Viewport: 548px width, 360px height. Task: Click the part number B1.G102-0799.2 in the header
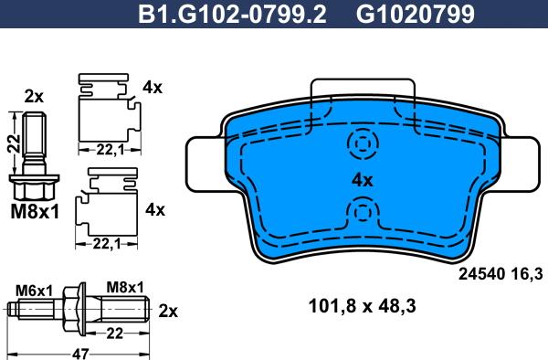tap(232, 15)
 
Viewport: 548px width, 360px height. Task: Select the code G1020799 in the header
tap(416, 15)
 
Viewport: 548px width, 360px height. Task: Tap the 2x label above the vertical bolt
tap(34, 97)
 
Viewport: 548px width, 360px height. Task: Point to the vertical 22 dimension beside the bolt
tap(15, 143)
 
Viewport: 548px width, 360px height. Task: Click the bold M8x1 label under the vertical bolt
tap(35, 212)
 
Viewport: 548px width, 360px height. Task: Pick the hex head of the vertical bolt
tap(35, 187)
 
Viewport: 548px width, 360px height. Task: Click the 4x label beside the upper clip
tap(153, 88)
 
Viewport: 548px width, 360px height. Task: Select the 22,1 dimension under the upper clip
tap(111, 150)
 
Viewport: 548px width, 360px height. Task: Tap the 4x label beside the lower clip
tap(155, 210)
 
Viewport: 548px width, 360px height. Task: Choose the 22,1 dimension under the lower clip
tap(106, 243)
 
